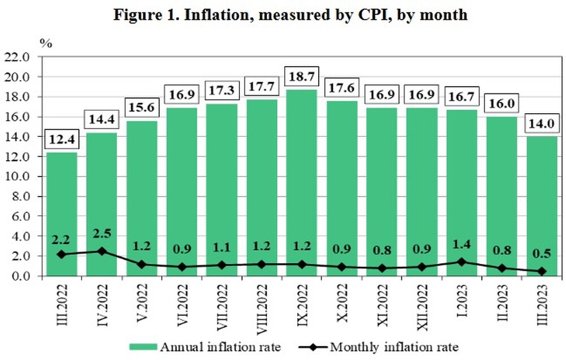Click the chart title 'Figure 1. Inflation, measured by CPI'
(x=290, y=14)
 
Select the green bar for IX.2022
(x=301, y=181)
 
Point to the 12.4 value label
(x=62, y=139)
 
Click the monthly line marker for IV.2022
(x=101, y=251)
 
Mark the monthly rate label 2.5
(x=101, y=233)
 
